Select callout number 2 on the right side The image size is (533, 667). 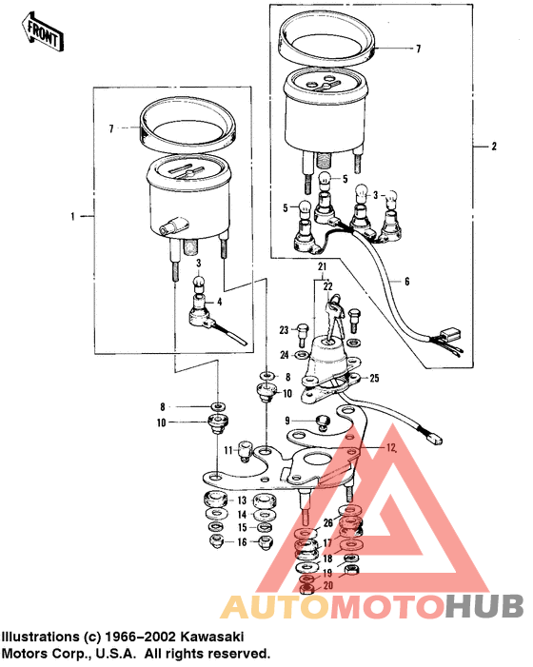tap(494, 147)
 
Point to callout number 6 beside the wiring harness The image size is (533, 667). tap(406, 283)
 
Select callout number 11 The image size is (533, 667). tap(228, 450)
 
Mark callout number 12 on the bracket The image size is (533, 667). tap(390, 447)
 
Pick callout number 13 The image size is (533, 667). tap(242, 500)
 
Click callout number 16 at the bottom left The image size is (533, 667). tap(242, 541)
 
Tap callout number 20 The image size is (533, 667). tap(328, 585)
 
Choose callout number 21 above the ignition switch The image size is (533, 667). tap(322, 265)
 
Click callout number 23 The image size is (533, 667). tap(284, 330)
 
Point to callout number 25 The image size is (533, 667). tap(374, 378)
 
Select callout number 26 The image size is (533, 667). tap(328, 521)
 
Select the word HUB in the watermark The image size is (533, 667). tap(484, 605)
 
